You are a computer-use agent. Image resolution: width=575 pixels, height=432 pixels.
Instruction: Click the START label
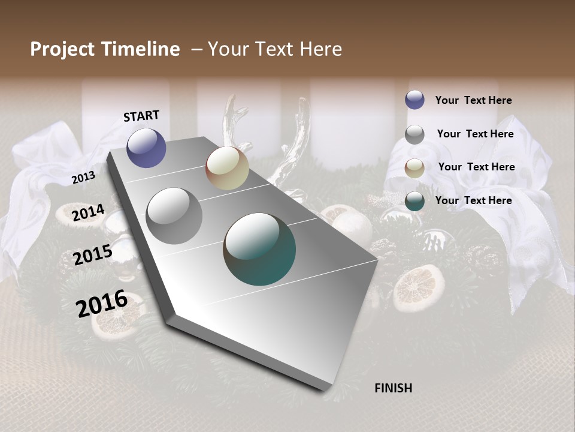141,116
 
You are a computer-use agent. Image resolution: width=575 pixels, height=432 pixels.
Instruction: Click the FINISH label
393,388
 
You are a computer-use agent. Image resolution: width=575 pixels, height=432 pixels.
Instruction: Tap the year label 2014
88,213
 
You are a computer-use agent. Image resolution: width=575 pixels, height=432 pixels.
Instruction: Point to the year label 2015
93,255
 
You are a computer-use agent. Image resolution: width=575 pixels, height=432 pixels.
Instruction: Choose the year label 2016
102,303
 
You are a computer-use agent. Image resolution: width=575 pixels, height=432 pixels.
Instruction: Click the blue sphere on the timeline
146,148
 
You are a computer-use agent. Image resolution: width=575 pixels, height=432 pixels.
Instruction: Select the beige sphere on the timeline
227,168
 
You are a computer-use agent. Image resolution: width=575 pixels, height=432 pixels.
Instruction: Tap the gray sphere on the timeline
174,216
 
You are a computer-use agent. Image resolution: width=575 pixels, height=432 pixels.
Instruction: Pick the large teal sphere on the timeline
259,249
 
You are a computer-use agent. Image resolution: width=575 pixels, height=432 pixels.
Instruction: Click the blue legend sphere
414,100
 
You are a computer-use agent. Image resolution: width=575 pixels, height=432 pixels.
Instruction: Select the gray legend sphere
414,134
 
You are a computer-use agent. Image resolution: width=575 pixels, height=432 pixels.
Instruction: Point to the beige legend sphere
414,168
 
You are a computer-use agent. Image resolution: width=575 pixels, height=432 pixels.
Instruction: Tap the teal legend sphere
414,201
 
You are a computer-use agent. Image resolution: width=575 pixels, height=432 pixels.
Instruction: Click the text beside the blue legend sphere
473,100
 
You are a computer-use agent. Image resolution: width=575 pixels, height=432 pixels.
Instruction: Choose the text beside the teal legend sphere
473,200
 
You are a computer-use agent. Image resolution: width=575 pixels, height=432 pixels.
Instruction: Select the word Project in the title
62,49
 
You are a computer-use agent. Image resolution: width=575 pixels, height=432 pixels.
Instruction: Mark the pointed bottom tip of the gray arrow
324,389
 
